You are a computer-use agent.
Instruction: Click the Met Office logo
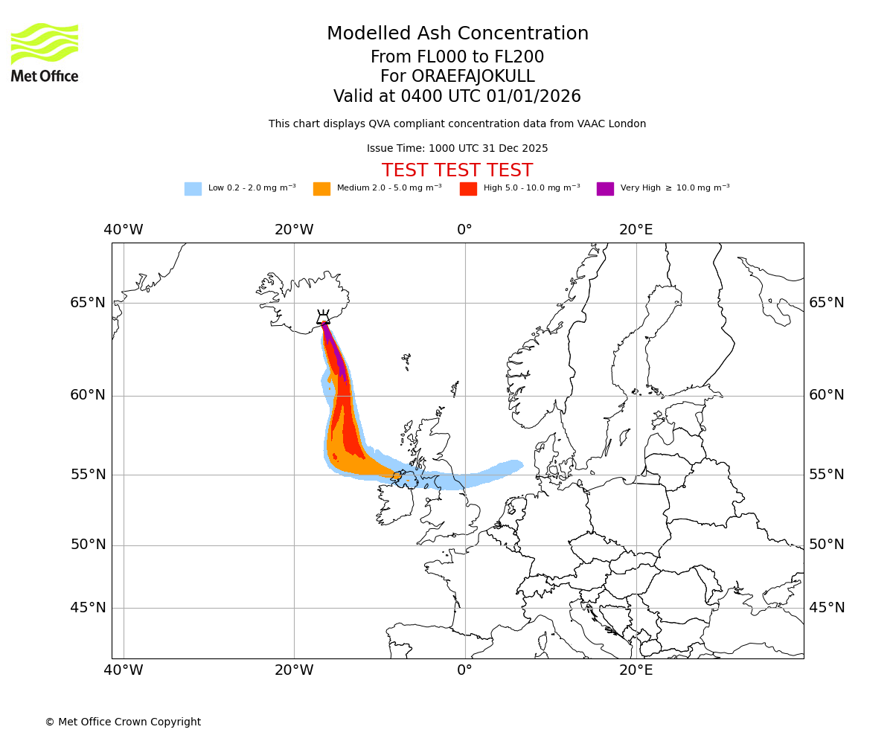pos(45,52)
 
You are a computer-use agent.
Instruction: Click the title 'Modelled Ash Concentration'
pos(457,33)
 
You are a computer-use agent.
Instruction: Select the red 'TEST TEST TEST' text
pos(457,170)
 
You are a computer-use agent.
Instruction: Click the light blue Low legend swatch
pos(193,189)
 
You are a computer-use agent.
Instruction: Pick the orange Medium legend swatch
pos(321,189)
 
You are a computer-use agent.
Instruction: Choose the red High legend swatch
pos(468,189)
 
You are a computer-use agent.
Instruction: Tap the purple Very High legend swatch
pos(605,189)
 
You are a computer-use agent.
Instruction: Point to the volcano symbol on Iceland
pos(323,318)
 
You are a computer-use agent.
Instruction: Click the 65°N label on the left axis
pos(88,303)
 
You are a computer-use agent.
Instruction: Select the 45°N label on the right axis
pos(827,608)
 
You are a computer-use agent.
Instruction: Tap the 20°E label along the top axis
pos(636,230)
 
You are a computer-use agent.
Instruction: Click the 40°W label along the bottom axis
pos(124,670)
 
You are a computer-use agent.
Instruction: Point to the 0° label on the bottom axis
pos(464,670)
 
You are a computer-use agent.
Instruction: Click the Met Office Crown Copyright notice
pos(123,722)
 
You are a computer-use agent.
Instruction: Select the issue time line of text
pos(457,148)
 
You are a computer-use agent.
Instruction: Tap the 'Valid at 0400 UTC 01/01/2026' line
pos(457,97)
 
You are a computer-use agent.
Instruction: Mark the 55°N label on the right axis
pos(827,475)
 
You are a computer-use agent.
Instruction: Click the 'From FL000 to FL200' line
pos(457,57)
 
